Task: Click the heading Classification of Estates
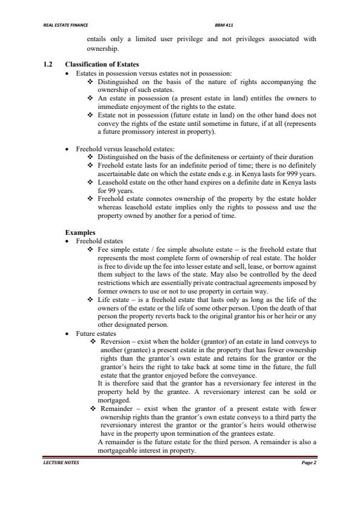102,64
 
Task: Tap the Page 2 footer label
309,462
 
